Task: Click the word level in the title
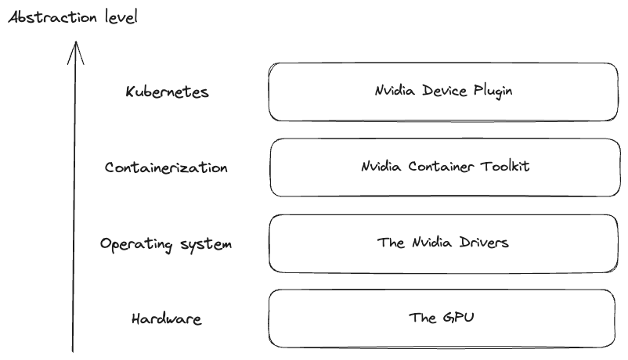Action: (x=121, y=16)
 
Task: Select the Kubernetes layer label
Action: (x=168, y=92)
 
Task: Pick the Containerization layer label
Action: (x=166, y=167)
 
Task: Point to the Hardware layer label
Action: (x=167, y=319)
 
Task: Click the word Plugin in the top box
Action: (x=493, y=91)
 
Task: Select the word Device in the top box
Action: (x=443, y=91)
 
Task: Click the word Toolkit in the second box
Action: (x=501, y=166)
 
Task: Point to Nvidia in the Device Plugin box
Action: (x=394, y=91)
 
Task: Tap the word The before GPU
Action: (x=424, y=318)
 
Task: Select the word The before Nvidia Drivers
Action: (x=391, y=242)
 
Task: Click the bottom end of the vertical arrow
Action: (x=74, y=350)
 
